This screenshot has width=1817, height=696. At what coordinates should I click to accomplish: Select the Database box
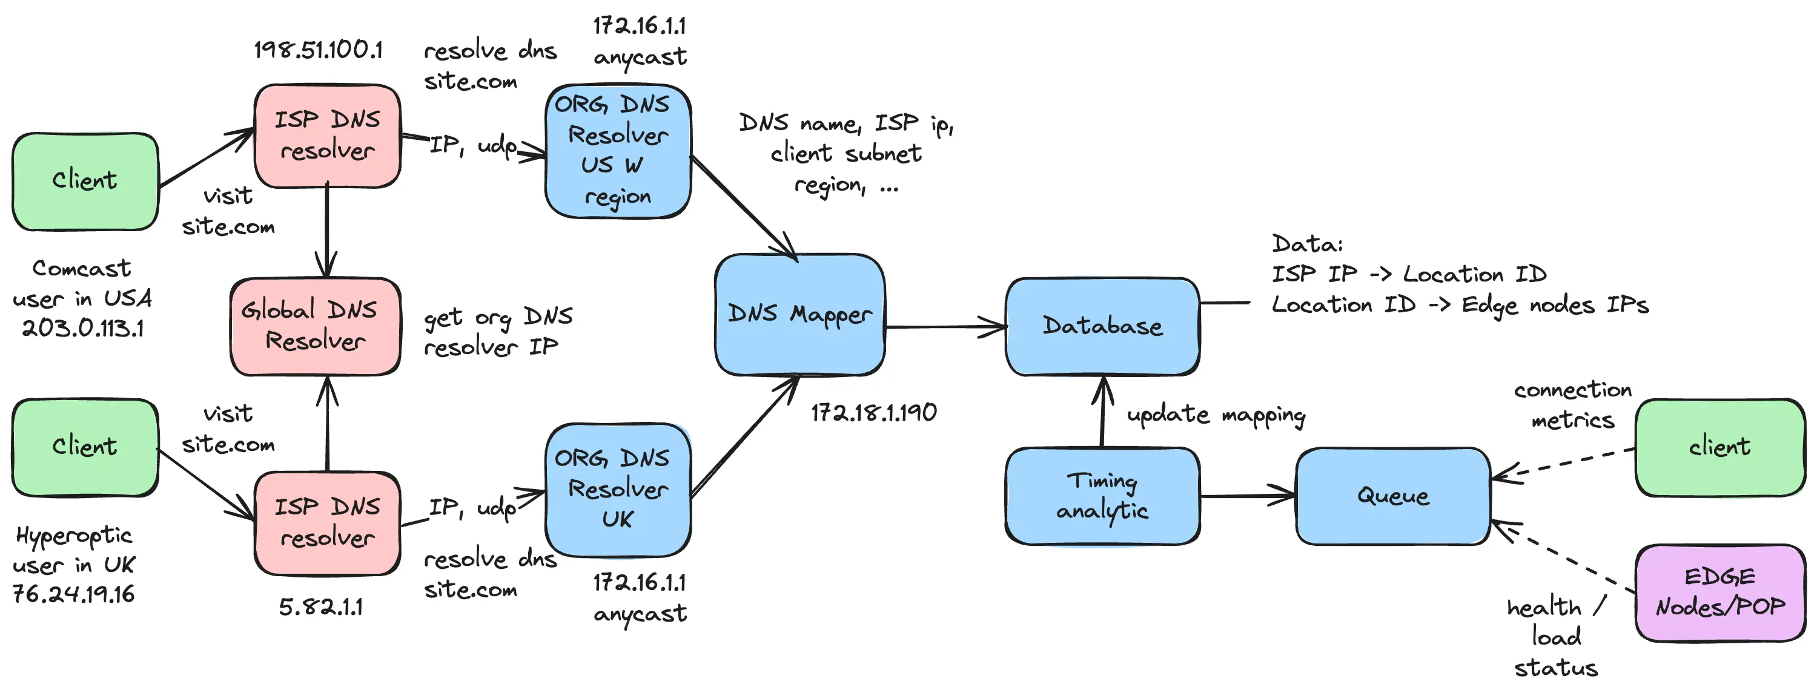pos(1102,326)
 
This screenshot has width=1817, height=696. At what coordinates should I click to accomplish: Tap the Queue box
pos(1392,496)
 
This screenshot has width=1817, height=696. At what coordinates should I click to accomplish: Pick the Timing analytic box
pos(1102,496)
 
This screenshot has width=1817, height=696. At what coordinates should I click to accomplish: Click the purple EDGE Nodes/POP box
pos(1719,593)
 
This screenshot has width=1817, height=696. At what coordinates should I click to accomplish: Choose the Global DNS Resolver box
pos(316,326)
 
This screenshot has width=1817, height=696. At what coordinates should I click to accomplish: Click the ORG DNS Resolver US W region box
pos(618,151)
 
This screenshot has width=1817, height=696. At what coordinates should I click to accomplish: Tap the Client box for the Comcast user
pos(85,181)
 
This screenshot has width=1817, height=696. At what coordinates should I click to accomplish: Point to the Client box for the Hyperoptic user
pos(85,447)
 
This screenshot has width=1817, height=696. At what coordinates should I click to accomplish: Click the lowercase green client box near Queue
pos(1719,447)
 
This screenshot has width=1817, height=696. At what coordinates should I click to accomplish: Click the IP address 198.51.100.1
pos(318,50)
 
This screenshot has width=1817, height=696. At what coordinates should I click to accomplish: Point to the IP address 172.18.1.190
pos(873,413)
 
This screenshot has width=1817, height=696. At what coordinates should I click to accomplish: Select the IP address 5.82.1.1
pos(321,607)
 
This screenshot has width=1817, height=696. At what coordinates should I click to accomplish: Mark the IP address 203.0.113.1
pos(82,329)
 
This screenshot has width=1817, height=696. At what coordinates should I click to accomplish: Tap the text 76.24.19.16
pos(73,594)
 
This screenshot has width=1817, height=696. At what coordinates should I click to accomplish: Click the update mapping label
pos(1216,415)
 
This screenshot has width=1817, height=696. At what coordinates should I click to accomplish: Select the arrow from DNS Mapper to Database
pos(945,326)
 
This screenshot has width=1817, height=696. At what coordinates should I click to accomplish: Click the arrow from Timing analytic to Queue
pos(1247,496)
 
